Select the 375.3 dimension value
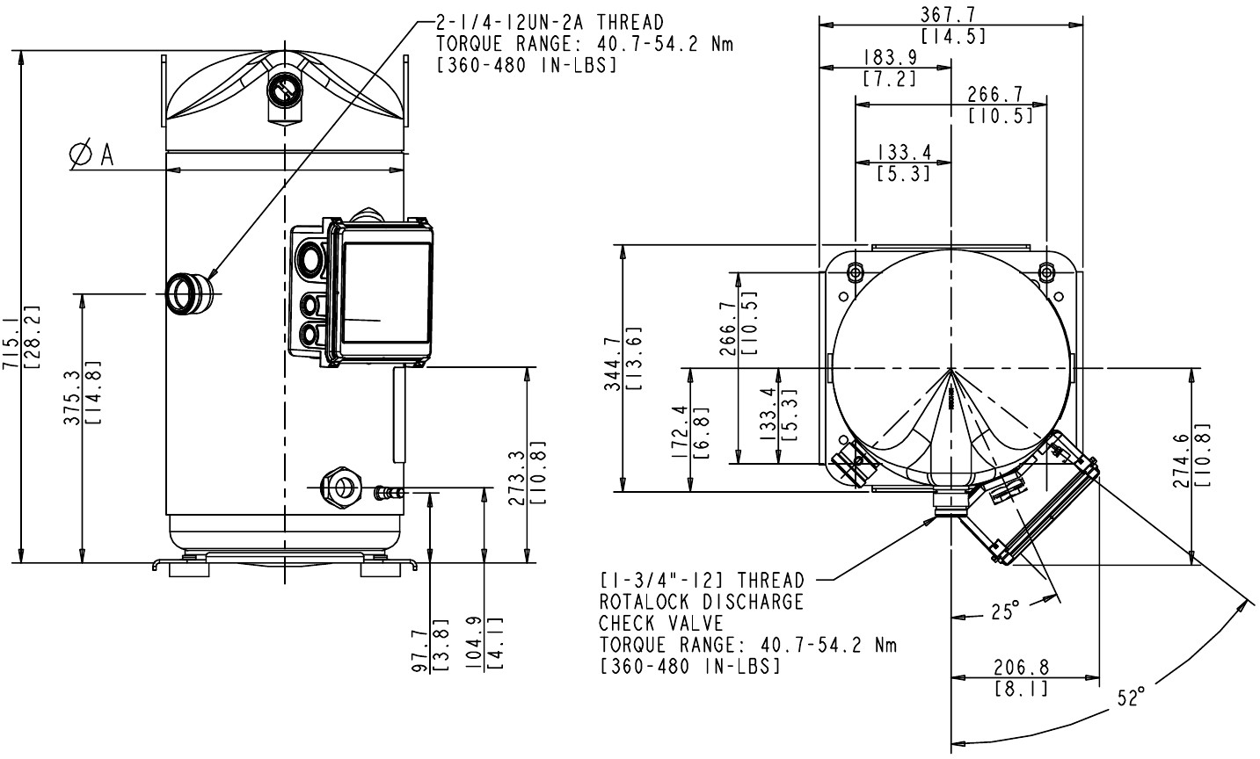pos(72,397)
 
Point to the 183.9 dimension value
pos(891,57)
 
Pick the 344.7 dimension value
pos(612,364)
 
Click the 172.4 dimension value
pos(680,431)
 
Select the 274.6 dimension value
pos(1181,460)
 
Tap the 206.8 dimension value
pos(1021,667)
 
